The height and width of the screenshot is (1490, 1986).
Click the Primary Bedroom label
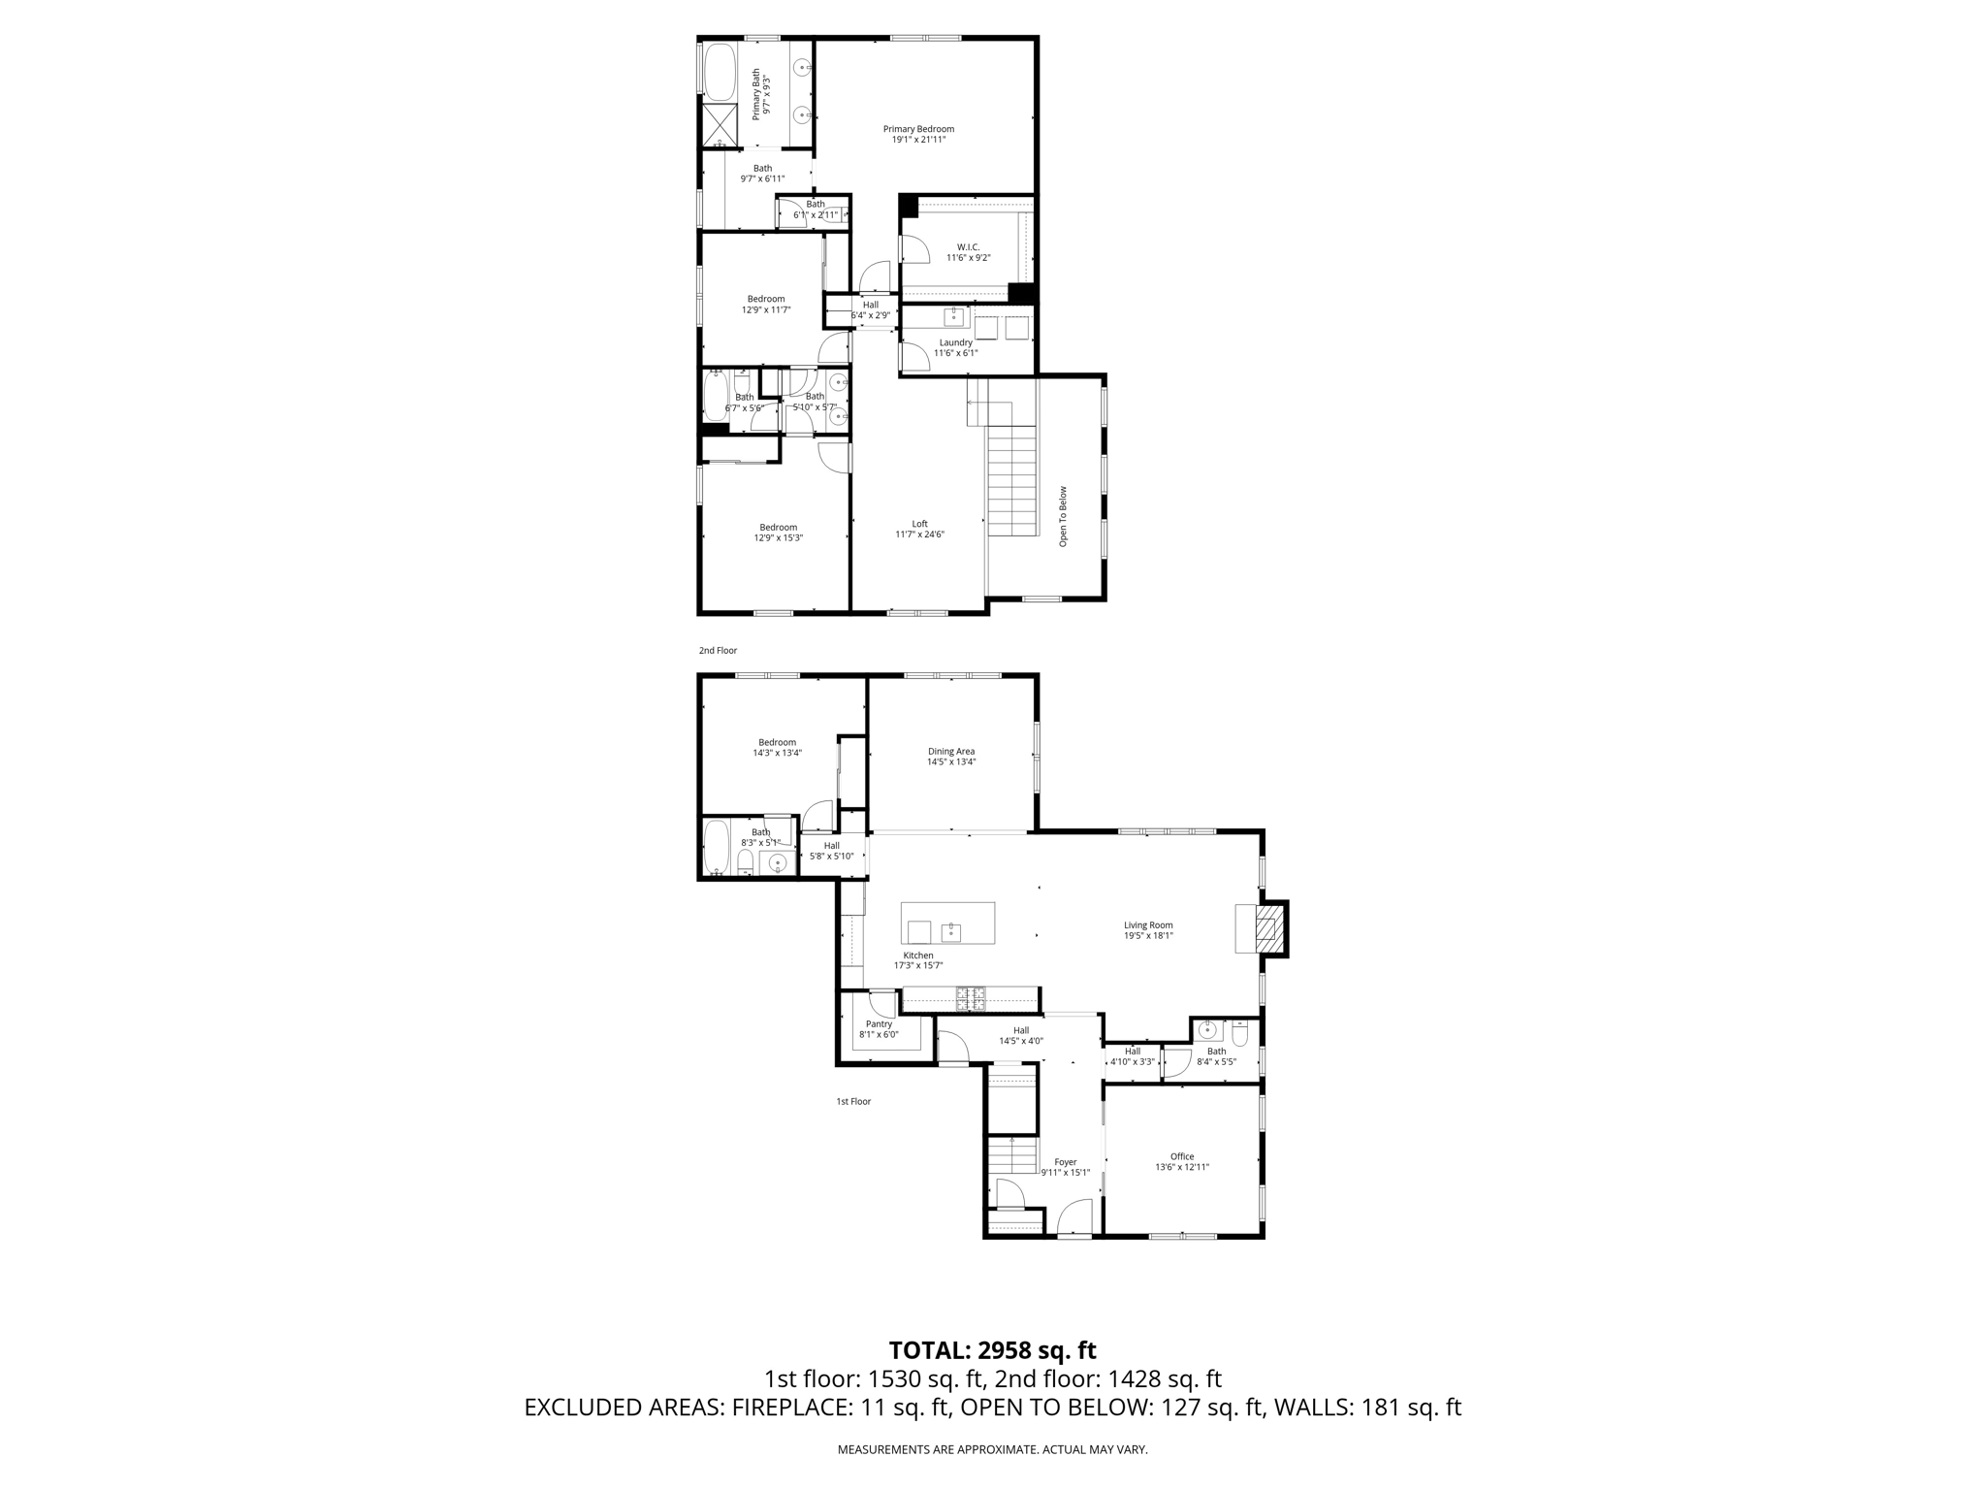(x=917, y=129)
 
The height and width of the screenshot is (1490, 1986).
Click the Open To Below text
(x=1063, y=515)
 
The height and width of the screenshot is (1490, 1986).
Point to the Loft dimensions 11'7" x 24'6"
(x=918, y=534)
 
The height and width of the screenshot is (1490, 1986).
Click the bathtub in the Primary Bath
(x=719, y=72)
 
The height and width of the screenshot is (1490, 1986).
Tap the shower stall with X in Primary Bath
(x=720, y=124)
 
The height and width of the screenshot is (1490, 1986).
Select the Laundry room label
(x=955, y=342)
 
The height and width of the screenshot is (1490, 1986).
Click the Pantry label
(x=879, y=1024)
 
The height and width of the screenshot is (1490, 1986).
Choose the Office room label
(x=1181, y=1156)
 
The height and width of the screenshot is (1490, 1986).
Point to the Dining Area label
(x=950, y=751)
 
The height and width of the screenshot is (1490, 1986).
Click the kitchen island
(x=947, y=923)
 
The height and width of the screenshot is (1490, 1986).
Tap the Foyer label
(x=1065, y=1162)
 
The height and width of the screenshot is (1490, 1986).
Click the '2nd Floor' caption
(x=718, y=651)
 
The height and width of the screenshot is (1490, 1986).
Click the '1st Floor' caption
(x=853, y=1102)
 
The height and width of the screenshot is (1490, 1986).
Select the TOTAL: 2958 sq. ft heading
(x=992, y=1350)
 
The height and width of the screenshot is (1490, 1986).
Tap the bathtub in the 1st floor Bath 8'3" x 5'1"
(x=717, y=848)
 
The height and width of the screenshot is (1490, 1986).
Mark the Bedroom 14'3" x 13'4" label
(x=777, y=742)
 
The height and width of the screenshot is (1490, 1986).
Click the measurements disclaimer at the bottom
(x=992, y=1449)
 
